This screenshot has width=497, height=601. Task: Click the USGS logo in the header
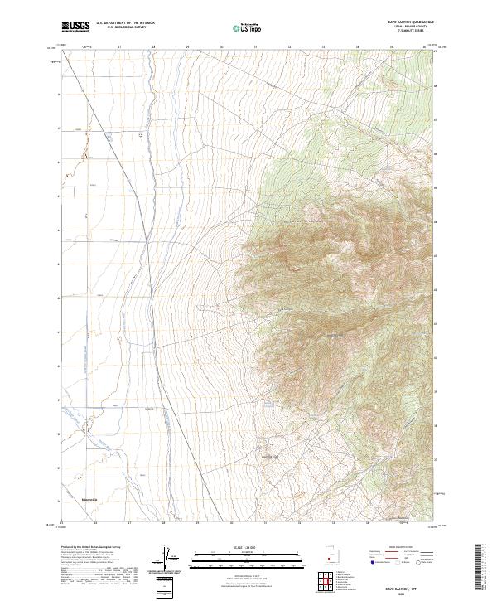(75, 27)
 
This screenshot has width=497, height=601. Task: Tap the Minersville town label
(90, 500)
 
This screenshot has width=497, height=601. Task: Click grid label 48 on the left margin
(59, 94)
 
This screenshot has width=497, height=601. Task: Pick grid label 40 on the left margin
(59, 366)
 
